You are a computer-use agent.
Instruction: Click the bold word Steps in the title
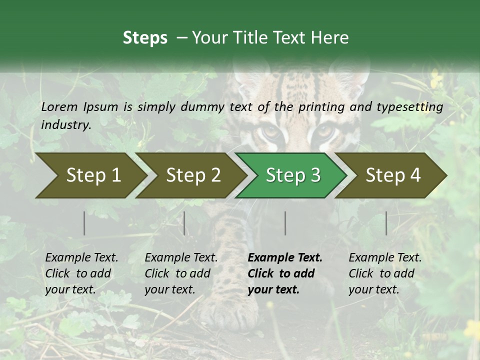[x=145, y=38]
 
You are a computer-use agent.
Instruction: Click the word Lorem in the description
[x=58, y=106]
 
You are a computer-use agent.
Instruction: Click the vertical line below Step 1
[x=84, y=223]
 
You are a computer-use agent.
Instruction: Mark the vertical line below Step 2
[x=184, y=223]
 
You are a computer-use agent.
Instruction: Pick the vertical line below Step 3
[x=285, y=223]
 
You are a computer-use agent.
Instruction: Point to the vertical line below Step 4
[x=386, y=223]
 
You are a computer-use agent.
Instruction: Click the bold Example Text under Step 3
[x=285, y=258]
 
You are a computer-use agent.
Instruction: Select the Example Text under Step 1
[x=81, y=258]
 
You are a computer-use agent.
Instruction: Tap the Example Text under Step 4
[x=385, y=258]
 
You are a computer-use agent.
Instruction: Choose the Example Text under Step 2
[x=181, y=258]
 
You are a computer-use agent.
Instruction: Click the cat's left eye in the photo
[x=271, y=132]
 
